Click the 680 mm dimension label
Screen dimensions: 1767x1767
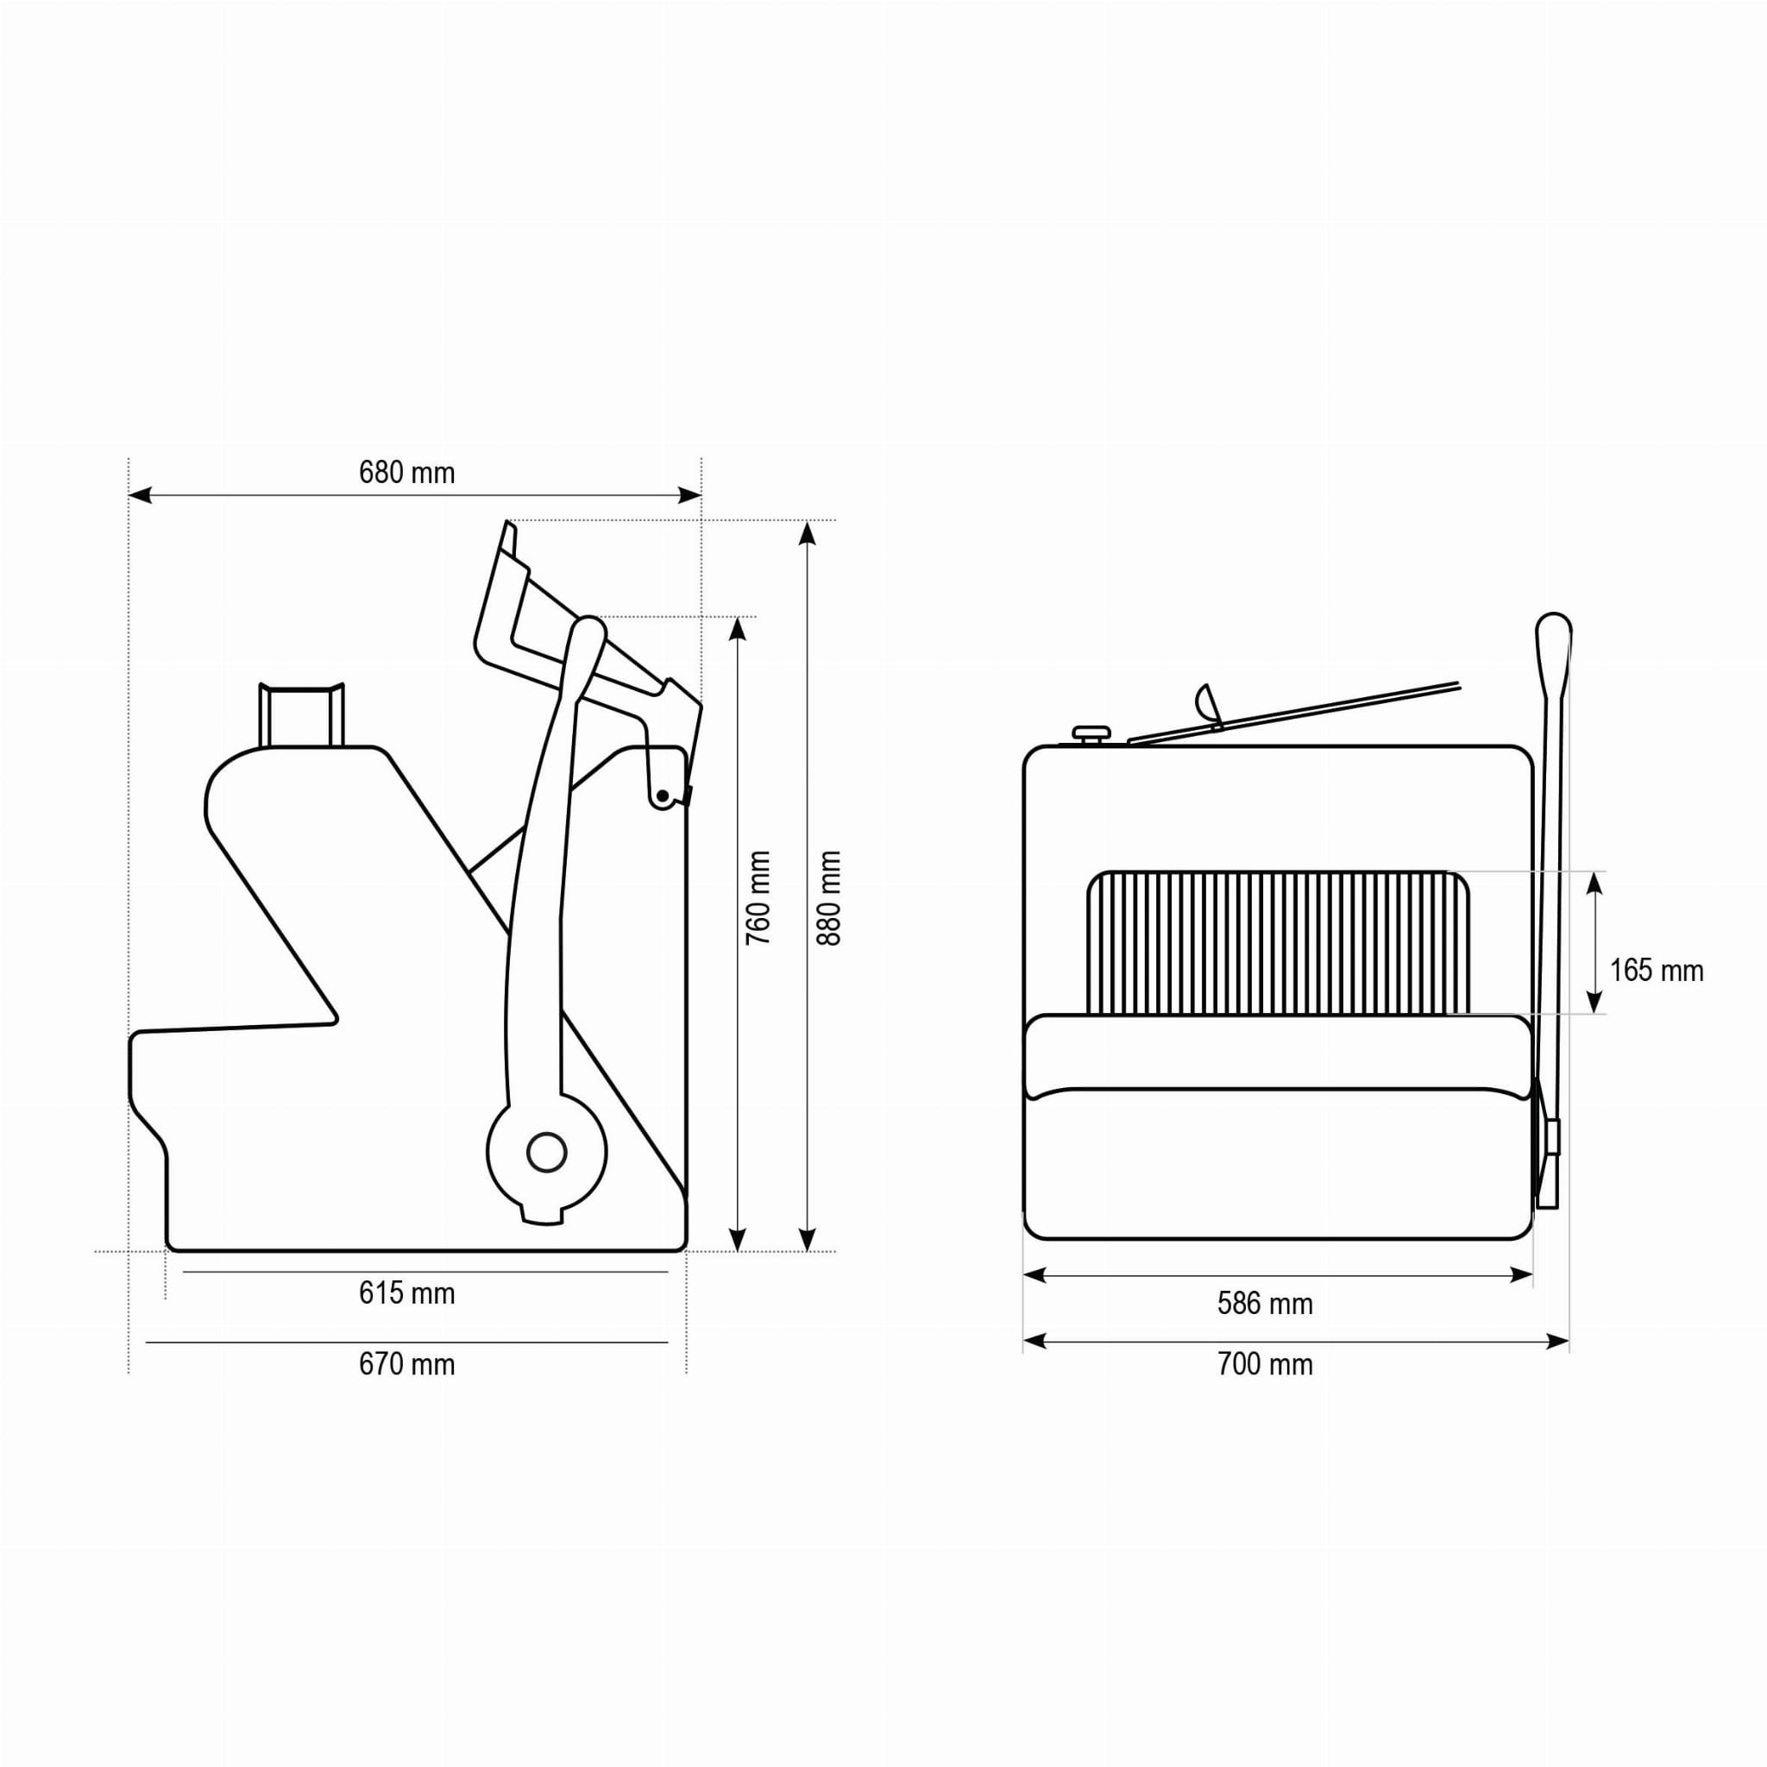coord(406,473)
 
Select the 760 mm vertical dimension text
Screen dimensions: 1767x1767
coord(758,898)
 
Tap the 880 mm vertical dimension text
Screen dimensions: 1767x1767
coord(827,898)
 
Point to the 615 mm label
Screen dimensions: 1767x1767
coord(406,1293)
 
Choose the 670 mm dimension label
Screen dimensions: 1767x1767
coord(406,1365)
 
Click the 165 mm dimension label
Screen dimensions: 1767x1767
coord(1657,971)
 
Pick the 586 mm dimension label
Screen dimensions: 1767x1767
coord(1265,1305)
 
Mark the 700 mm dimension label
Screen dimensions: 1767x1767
coord(1265,1365)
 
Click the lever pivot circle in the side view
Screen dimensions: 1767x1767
coord(547,1153)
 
